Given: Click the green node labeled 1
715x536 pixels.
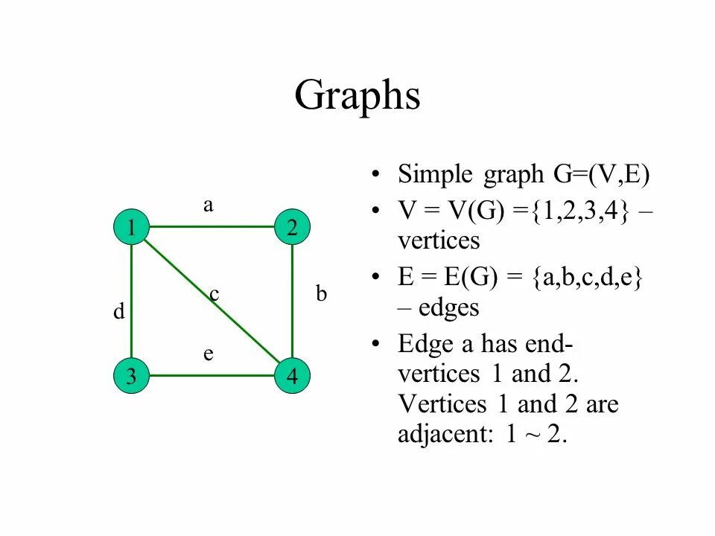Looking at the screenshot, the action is tap(131, 228).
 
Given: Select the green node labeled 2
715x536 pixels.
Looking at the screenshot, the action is tap(292, 228).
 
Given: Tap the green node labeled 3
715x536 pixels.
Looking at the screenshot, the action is tap(131, 377).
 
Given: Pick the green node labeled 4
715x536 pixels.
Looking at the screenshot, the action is tap(292, 377).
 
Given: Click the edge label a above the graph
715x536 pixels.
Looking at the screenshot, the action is tap(209, 206).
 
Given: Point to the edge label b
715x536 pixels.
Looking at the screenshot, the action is tap(321, 294).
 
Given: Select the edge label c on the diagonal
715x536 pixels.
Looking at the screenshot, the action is tap(214, 295).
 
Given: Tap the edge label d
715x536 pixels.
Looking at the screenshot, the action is tap(118, 313).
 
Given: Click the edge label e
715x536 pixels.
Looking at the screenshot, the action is tap(209, 354).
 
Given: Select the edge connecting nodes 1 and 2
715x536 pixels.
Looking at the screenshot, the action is tap(212, 226).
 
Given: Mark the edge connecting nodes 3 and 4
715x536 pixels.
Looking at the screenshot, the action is tap(212, 375).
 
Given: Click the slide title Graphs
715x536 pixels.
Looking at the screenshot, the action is tap(357, 95).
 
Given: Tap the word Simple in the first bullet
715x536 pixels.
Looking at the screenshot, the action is tap(435, 175).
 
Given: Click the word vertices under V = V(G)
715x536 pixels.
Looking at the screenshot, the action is tap(439, 241).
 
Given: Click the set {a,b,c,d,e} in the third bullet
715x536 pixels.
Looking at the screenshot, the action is tap(588, 278).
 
